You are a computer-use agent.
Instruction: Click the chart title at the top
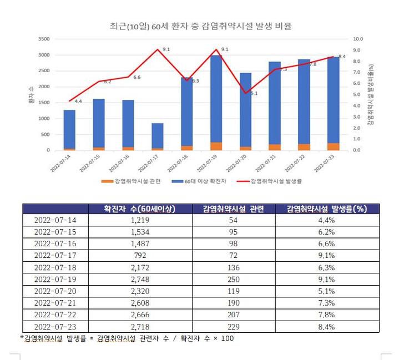point(200,26)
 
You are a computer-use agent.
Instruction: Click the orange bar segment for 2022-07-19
point(216,146)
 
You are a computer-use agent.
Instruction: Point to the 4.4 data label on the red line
point(78,102)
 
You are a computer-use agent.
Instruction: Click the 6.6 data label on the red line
point(137,78)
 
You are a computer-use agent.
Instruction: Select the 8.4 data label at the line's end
point(342,57)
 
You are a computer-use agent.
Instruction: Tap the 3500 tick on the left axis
point(43,39)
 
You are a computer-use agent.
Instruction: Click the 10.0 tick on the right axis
point(358,39)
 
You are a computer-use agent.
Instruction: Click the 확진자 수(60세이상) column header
point(140,209)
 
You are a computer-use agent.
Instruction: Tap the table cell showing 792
point(140,256)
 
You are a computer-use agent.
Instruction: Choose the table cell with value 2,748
point(140,280)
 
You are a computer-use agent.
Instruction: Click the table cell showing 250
point(234,280)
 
